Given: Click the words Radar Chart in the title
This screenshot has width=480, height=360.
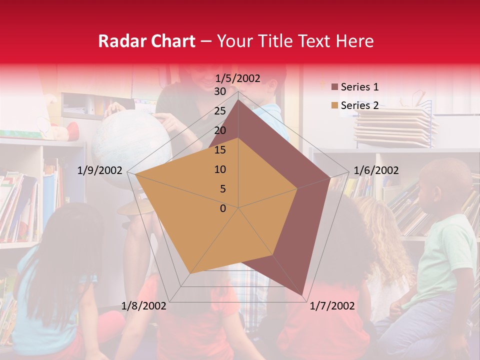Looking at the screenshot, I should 146,41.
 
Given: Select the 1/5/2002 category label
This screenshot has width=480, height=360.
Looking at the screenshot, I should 238,78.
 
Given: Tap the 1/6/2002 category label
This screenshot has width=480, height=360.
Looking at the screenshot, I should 376,170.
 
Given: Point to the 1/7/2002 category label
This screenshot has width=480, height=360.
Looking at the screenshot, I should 332,306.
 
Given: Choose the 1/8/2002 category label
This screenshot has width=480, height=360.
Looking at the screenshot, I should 144,306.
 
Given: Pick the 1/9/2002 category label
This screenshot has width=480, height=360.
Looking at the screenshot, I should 100,170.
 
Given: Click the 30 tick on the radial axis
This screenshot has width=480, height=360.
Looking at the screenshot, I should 220,91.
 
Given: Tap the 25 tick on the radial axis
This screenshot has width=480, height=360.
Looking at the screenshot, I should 220,111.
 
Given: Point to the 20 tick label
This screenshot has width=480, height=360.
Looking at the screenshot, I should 220,130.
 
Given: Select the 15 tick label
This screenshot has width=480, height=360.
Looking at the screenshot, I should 220,150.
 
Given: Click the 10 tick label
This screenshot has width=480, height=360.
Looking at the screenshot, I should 220,169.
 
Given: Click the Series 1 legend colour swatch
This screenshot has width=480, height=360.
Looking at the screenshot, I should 334,87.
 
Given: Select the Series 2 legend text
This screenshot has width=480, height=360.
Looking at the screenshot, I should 359,105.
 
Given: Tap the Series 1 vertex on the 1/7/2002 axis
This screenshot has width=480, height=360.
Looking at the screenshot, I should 302,295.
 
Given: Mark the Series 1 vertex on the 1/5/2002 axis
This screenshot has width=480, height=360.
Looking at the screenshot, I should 238,99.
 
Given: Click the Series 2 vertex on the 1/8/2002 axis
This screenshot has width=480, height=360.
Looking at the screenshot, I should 190,273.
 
